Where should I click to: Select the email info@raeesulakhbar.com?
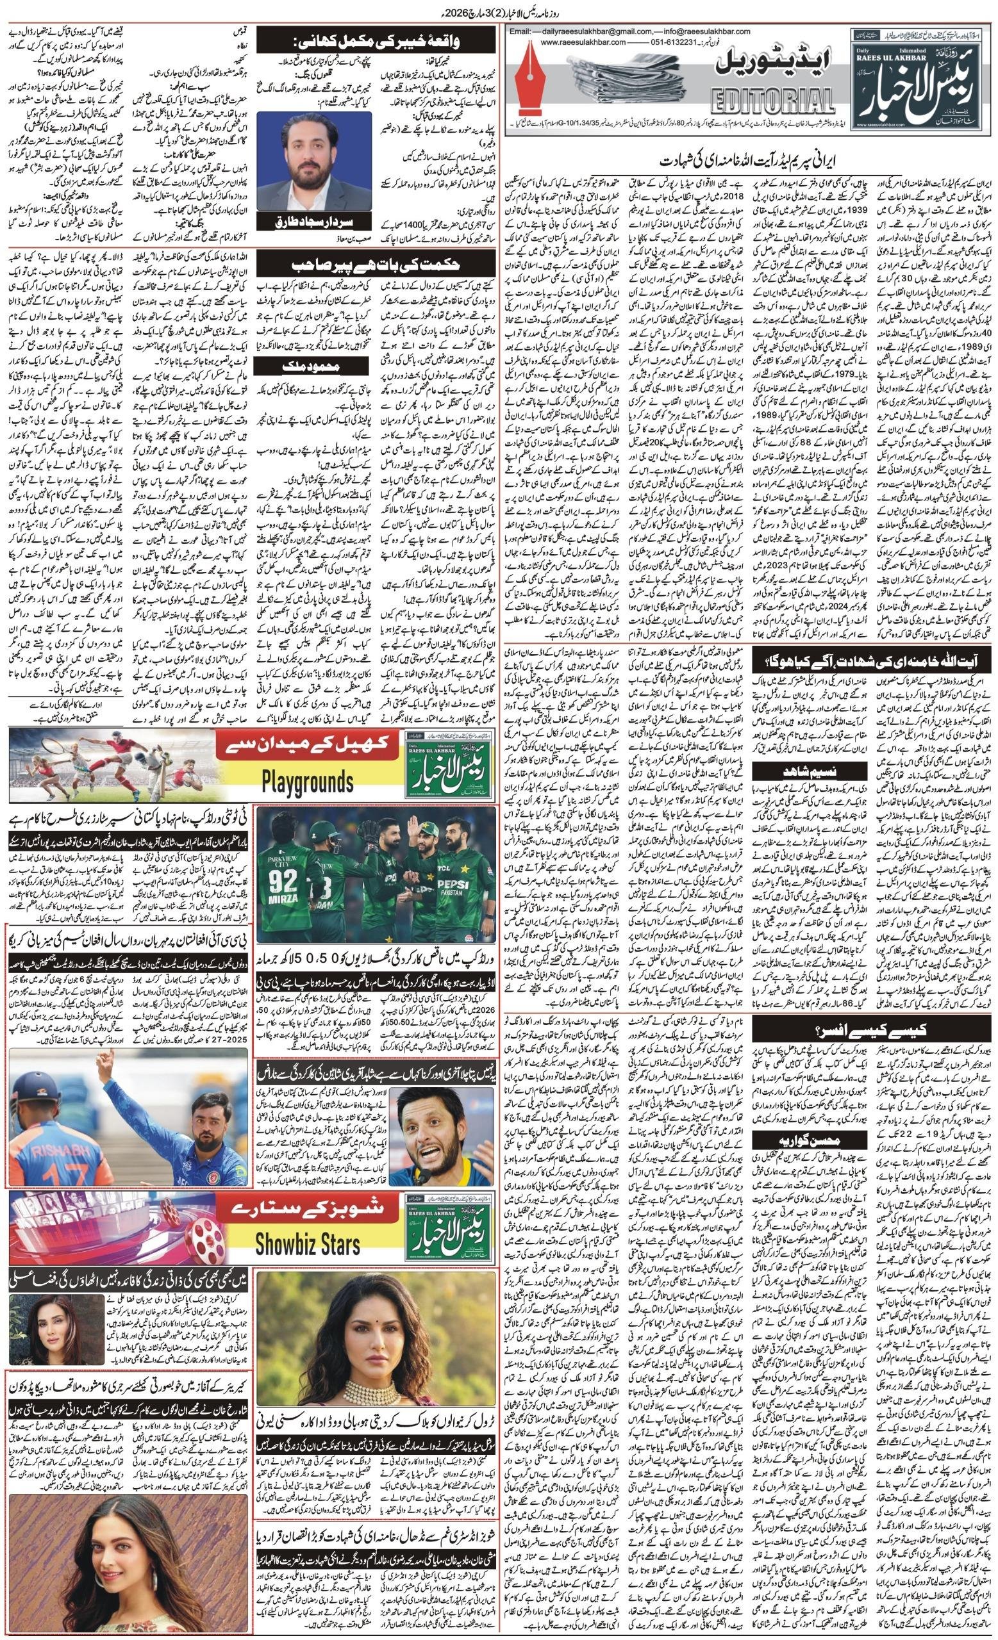coord(693,31)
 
